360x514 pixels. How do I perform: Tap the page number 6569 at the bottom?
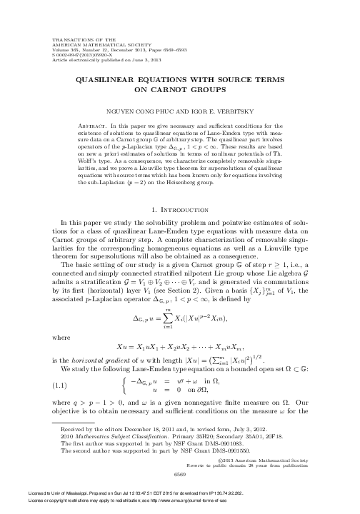(x=180, y=473)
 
